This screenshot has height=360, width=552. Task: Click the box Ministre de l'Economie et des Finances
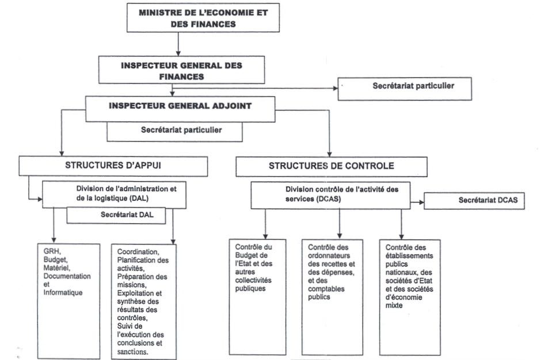(203, 17)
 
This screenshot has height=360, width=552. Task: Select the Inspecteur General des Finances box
(181, 70)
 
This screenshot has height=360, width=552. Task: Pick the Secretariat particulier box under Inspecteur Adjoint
(174, 131)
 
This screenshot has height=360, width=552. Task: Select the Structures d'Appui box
(113, 166)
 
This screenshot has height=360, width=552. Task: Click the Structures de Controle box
(331, 166)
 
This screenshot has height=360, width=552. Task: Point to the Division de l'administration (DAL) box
(114, 194)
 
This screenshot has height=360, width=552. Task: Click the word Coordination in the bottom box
(138, 252)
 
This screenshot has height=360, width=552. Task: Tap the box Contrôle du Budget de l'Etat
(257, 296)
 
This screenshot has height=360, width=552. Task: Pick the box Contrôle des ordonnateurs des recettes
(332, 296)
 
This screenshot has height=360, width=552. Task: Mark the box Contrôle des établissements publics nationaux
(409, 296)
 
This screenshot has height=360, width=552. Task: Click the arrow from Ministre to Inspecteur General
(179, 43)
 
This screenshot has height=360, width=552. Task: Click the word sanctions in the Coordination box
(132, 351)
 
